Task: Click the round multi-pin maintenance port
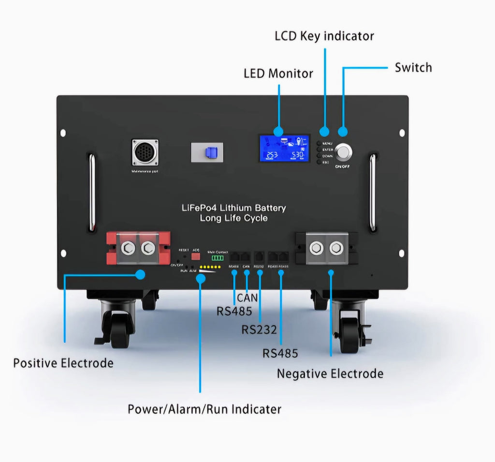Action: [x=145, y=152]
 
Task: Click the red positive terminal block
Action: [x=138, y=248]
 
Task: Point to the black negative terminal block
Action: [x=326, y=248]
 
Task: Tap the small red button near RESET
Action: [x=196, y=256]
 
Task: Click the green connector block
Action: [x=218, y=258]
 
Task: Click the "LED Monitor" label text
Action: [x=278, y=74]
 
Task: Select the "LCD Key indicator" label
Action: [x=324, y=36]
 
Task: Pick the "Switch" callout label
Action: [x=413, y=67]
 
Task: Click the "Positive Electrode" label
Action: [x=63, y=363]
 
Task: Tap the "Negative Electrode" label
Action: [x=330, y=373]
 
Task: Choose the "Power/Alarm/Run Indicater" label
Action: [x=204, y=409]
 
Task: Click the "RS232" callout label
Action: [x=259, y=330]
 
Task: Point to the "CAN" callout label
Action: [x=247, y=298]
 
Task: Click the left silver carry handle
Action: [x=92, y=192]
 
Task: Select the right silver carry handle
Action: [x=372, y=192]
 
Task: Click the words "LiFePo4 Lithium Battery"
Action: [x=233, y=208]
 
